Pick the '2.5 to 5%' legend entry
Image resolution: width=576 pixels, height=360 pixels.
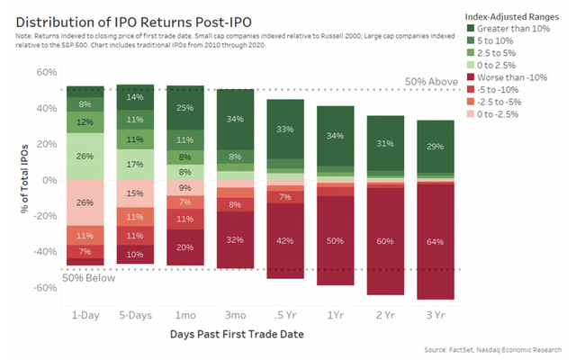(x=500, y=53)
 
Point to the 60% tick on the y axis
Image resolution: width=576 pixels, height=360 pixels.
(x=45, y=72)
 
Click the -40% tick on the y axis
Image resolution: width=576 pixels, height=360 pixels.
(x=42, y=252)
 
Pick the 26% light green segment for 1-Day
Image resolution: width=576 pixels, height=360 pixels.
(x=85, y=156)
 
